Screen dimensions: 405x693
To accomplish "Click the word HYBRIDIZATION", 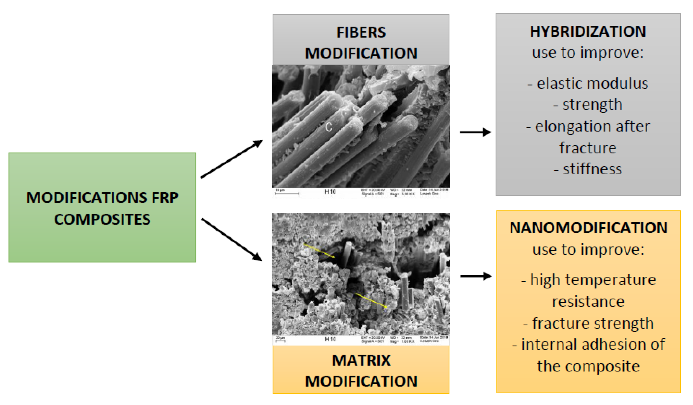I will click(x=587, y=31).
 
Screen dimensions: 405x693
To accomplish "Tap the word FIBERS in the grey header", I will click(x=361, y=32).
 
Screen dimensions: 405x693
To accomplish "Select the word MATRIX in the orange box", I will click(x=361, y=360).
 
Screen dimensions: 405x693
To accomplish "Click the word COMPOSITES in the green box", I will click(x=102, y=220).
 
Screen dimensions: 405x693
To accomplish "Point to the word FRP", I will click(x=165, y=198).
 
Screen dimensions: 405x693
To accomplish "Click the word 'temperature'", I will click(x=609, y=280).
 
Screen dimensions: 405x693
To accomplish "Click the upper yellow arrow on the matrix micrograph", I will click(x=319, y=251).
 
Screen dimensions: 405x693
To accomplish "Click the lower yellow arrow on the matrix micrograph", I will click(x=371, y=300).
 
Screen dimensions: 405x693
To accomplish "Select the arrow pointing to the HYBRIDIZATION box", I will click(x=475, y=132).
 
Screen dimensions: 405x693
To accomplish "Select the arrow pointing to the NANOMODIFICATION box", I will click(x=476, y=276).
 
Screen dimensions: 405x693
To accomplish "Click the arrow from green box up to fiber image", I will click(x=231, y=159).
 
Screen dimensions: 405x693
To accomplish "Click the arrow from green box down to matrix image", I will click(x=231, y=239).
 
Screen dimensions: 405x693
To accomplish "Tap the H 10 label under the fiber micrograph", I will click(x=330, y=192).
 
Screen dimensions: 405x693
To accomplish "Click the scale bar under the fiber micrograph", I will click(x=287, y=194).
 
